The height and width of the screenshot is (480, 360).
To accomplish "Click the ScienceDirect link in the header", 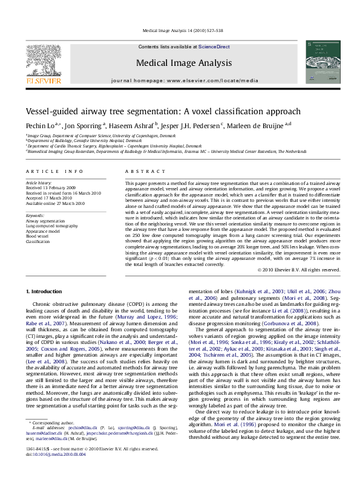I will [214, 47].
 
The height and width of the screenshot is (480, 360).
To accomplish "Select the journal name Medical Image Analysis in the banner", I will [184, 63].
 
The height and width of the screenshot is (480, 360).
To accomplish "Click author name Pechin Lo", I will [40, 126].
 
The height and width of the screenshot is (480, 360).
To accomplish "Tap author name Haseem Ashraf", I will [134, 126].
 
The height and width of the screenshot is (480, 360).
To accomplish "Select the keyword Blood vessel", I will [38, 235].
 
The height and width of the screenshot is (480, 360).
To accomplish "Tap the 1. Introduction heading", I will [45, 292].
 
